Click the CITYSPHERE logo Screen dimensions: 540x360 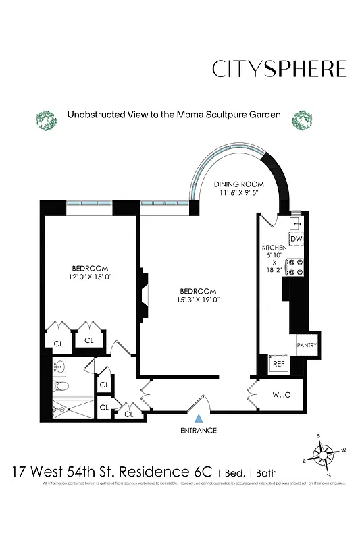[x=279, y=69]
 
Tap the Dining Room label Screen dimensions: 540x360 [x=238, y=184]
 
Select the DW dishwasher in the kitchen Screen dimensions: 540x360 [x=297, y=239]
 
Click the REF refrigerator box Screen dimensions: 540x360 [x=278, y=363]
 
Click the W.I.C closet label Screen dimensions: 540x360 [x=281, y=394]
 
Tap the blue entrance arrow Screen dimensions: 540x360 [x=198, y=419]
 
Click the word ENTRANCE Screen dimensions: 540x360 [x=198, y=431]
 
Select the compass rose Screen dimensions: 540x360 [x=324, y=452]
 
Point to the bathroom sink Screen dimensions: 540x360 [x=59, y=368]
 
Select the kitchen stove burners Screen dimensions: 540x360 [x=297, y=267]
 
